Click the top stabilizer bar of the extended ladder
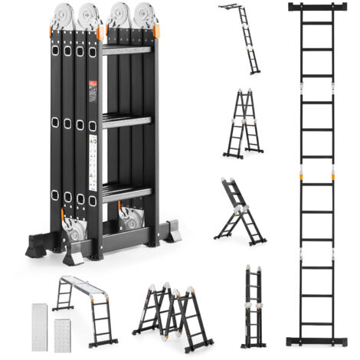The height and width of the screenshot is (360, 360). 316,8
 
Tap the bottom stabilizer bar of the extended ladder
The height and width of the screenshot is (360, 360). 316,340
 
